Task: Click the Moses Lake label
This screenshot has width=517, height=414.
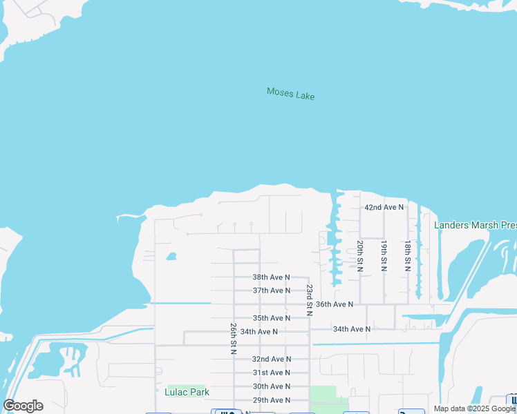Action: (x=290, y=93)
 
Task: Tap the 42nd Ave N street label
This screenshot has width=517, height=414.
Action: (x=384, y=207)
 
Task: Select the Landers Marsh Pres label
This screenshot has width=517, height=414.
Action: (x=475, y=225)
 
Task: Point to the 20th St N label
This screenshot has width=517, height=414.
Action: (x=360, y=256)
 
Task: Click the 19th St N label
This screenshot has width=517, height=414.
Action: (x=384, y=256)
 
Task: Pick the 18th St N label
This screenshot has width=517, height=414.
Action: (x=408, y=256)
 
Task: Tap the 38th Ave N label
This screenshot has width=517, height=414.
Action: (x=271, y=277)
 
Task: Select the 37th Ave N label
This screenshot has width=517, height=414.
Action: (x=271, y=290)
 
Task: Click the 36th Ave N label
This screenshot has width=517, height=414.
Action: (x=335, y=304)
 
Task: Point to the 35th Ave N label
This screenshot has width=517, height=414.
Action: (x=271, y=318)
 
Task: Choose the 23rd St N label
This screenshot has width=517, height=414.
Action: (x=310, y=300)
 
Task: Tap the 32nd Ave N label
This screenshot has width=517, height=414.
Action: (x=271, y=359)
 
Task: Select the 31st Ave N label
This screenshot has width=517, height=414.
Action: (x=271, y=373)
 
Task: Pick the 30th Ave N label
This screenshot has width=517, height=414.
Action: (x=271, y=386)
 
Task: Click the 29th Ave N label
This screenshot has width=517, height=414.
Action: (x=271, y=400)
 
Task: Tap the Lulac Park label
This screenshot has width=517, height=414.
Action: (x=187, y=392)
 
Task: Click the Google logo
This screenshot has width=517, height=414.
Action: (x=23, y=406)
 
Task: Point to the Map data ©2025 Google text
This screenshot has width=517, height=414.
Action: (x=474, y=408)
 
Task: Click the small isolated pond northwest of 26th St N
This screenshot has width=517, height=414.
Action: (x=171, y=257)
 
